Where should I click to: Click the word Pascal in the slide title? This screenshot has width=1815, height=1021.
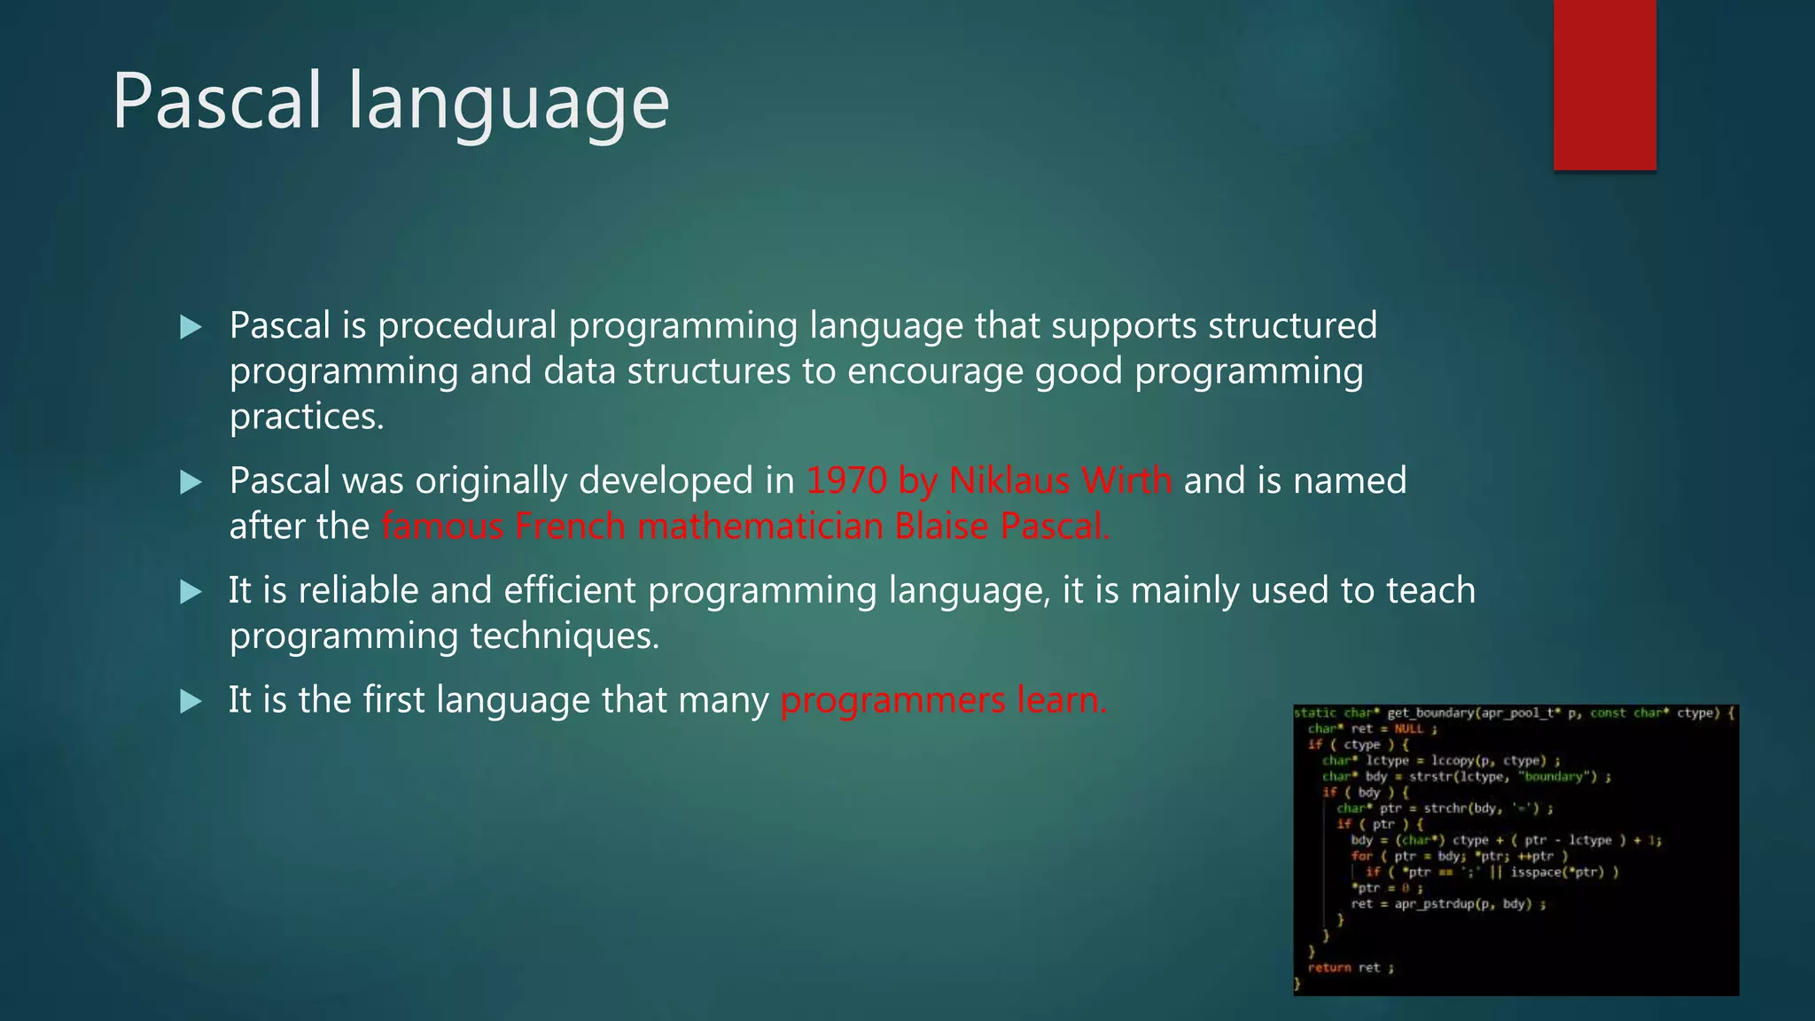click(216, 101)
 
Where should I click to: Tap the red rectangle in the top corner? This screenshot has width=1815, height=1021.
click(1604, 85)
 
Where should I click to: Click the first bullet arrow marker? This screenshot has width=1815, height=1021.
click(191, 327)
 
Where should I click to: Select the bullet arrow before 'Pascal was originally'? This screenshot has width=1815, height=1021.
click(191, 482)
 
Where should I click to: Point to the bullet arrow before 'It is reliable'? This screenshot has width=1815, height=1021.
click(191, 592)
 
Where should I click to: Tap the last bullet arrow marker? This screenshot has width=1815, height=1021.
click(191, 702)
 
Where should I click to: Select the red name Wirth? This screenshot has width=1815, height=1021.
click(1127, 481)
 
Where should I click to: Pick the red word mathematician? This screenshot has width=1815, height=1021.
click(760, 527)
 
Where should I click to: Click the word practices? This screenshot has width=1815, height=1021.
click(307, 417)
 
